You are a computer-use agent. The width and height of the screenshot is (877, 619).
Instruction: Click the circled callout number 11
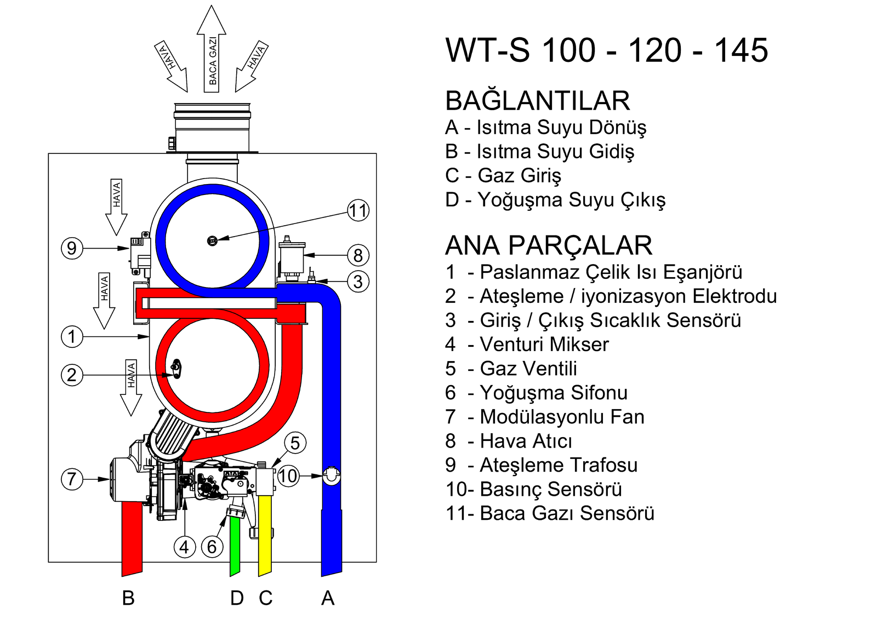358,210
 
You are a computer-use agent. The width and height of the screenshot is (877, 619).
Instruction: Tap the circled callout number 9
72,248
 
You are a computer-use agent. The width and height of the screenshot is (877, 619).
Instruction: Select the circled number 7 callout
72,479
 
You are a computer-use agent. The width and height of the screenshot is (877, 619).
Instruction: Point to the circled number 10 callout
288,476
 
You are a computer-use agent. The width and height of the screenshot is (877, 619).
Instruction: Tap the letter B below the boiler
128,598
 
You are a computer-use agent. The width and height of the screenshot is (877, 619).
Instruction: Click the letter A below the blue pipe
328,598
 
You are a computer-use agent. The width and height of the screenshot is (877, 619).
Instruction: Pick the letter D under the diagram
237,598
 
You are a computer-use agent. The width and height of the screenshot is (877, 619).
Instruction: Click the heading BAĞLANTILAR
538,101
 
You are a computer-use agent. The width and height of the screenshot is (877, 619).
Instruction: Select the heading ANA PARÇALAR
549,245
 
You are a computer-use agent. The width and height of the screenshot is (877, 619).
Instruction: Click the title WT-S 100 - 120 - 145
607,50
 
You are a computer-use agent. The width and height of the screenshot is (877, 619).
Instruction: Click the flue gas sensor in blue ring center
213,240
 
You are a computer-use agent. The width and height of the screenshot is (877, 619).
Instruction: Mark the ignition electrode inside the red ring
176,368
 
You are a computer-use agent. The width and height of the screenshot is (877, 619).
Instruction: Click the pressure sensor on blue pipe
332,475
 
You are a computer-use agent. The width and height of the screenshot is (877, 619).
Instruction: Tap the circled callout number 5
295,443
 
